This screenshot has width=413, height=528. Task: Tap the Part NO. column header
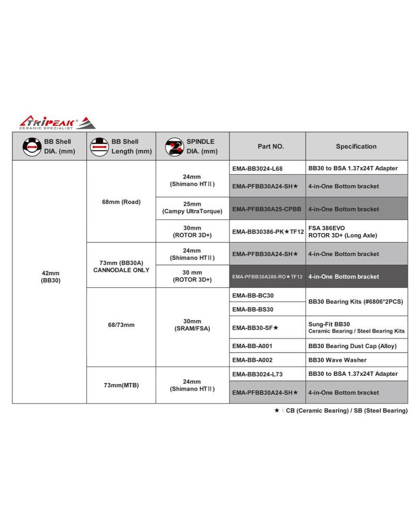[267, 146]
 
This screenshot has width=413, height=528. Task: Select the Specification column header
[356, 146]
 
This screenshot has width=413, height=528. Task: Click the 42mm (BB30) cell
[50, 276]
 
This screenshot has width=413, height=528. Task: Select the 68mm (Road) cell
[121, 202]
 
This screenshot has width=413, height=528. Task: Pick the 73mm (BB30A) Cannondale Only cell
[121, 266]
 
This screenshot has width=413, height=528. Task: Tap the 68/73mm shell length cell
[121, 325]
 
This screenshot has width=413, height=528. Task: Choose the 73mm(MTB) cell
[121, 385]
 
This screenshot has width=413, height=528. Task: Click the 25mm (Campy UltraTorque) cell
[192, 209]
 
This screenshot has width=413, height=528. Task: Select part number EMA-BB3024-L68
[258, 169]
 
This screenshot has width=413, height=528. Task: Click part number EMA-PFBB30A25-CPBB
[267, 209]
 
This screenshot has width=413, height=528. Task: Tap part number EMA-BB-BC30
[253, 295]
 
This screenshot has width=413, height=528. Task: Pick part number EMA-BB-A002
[252, 360]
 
